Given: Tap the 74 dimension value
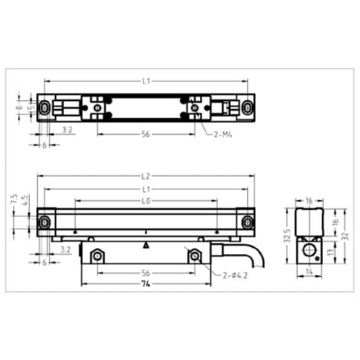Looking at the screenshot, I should pyautogui.click(x=146, y=284).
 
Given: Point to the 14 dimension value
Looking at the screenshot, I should pyautogui.click(x=309, y=273).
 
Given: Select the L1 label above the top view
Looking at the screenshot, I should pyautogui.click(x=146, y=81).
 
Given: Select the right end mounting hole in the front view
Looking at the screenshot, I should pyautogui.click(x=248, y=222).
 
